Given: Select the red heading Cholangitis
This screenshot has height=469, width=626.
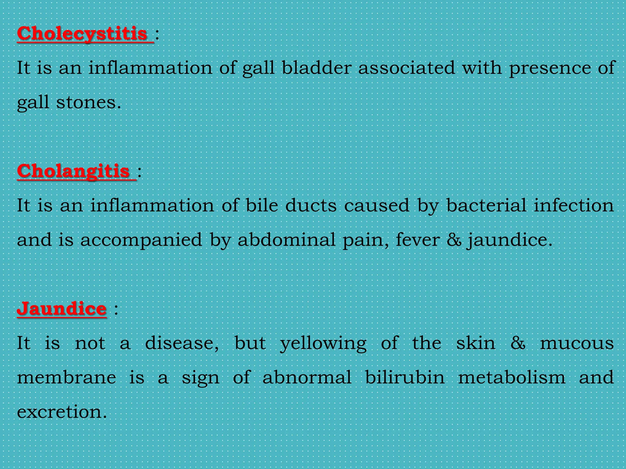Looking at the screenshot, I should [x=74, y=171].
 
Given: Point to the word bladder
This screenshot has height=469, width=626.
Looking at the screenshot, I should [x=316, y=67].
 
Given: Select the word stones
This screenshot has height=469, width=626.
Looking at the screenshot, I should [x=89, y=102].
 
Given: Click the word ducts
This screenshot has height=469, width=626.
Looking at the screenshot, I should [x=311, y=205].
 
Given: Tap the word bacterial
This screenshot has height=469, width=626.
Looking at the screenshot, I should [x=486, y=205].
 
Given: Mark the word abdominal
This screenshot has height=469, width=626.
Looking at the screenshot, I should [x=287, y=240].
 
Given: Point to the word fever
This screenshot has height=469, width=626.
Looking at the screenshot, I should [x=418, y=240].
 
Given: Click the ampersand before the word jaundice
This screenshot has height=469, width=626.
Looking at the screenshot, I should [x=454, y=240].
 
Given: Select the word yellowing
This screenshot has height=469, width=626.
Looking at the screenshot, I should [x=323, y=344].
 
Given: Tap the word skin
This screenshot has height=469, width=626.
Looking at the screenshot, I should [x=476, y=343].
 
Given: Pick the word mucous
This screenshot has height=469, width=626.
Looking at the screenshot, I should [x=577, y=343].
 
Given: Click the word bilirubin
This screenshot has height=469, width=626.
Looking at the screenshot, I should [x=405, y=377].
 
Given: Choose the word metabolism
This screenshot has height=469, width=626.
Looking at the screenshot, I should [x=512, y=377].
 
